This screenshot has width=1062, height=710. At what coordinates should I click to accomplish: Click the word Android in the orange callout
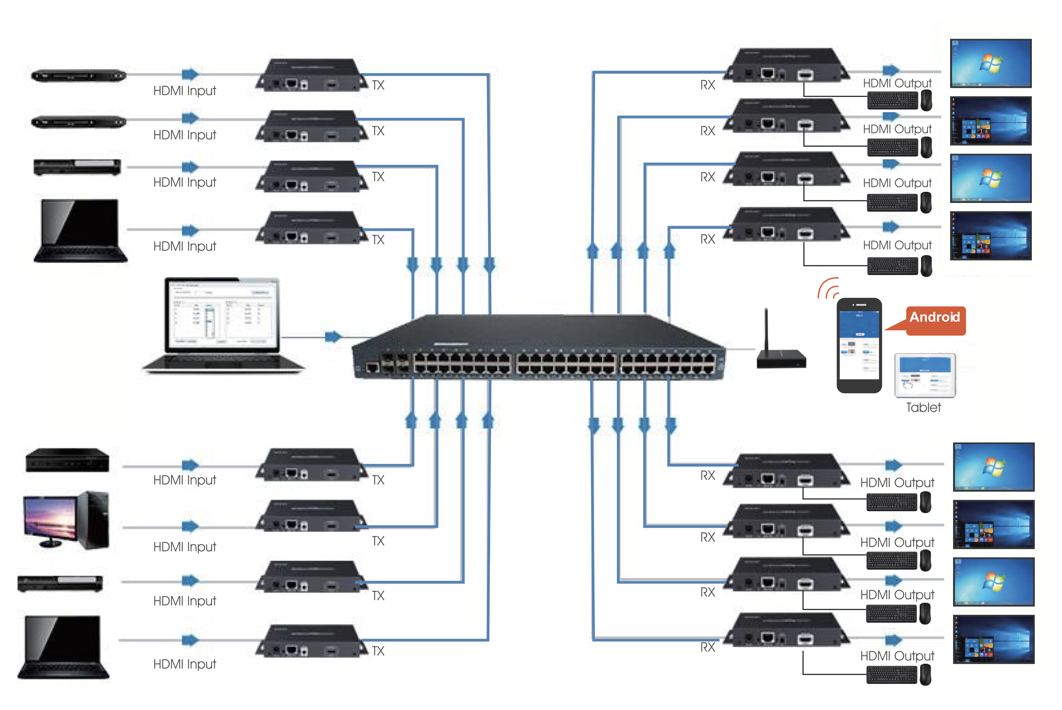(x=934, y=317)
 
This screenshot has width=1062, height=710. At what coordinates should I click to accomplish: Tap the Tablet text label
(x=923, y=407)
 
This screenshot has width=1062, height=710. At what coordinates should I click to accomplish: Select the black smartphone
(x=859, y=345)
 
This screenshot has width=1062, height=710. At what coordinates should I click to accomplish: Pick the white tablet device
(x=925, y=375)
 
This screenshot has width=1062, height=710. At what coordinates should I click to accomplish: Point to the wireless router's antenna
(x=766, y=329)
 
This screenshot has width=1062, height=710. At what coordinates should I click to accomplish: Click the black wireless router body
(x=781, y=360)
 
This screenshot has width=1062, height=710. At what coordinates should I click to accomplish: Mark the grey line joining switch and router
(x=740, y=349)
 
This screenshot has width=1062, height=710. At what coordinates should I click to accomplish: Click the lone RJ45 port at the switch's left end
(x=372, y=367)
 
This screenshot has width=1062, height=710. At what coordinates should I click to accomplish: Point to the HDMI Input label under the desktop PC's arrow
(x=185, y=547)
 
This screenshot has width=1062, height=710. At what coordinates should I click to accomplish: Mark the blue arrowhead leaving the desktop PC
(x=190, y=526)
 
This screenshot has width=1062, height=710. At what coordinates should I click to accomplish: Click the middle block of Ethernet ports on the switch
(x=566, y=364)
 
